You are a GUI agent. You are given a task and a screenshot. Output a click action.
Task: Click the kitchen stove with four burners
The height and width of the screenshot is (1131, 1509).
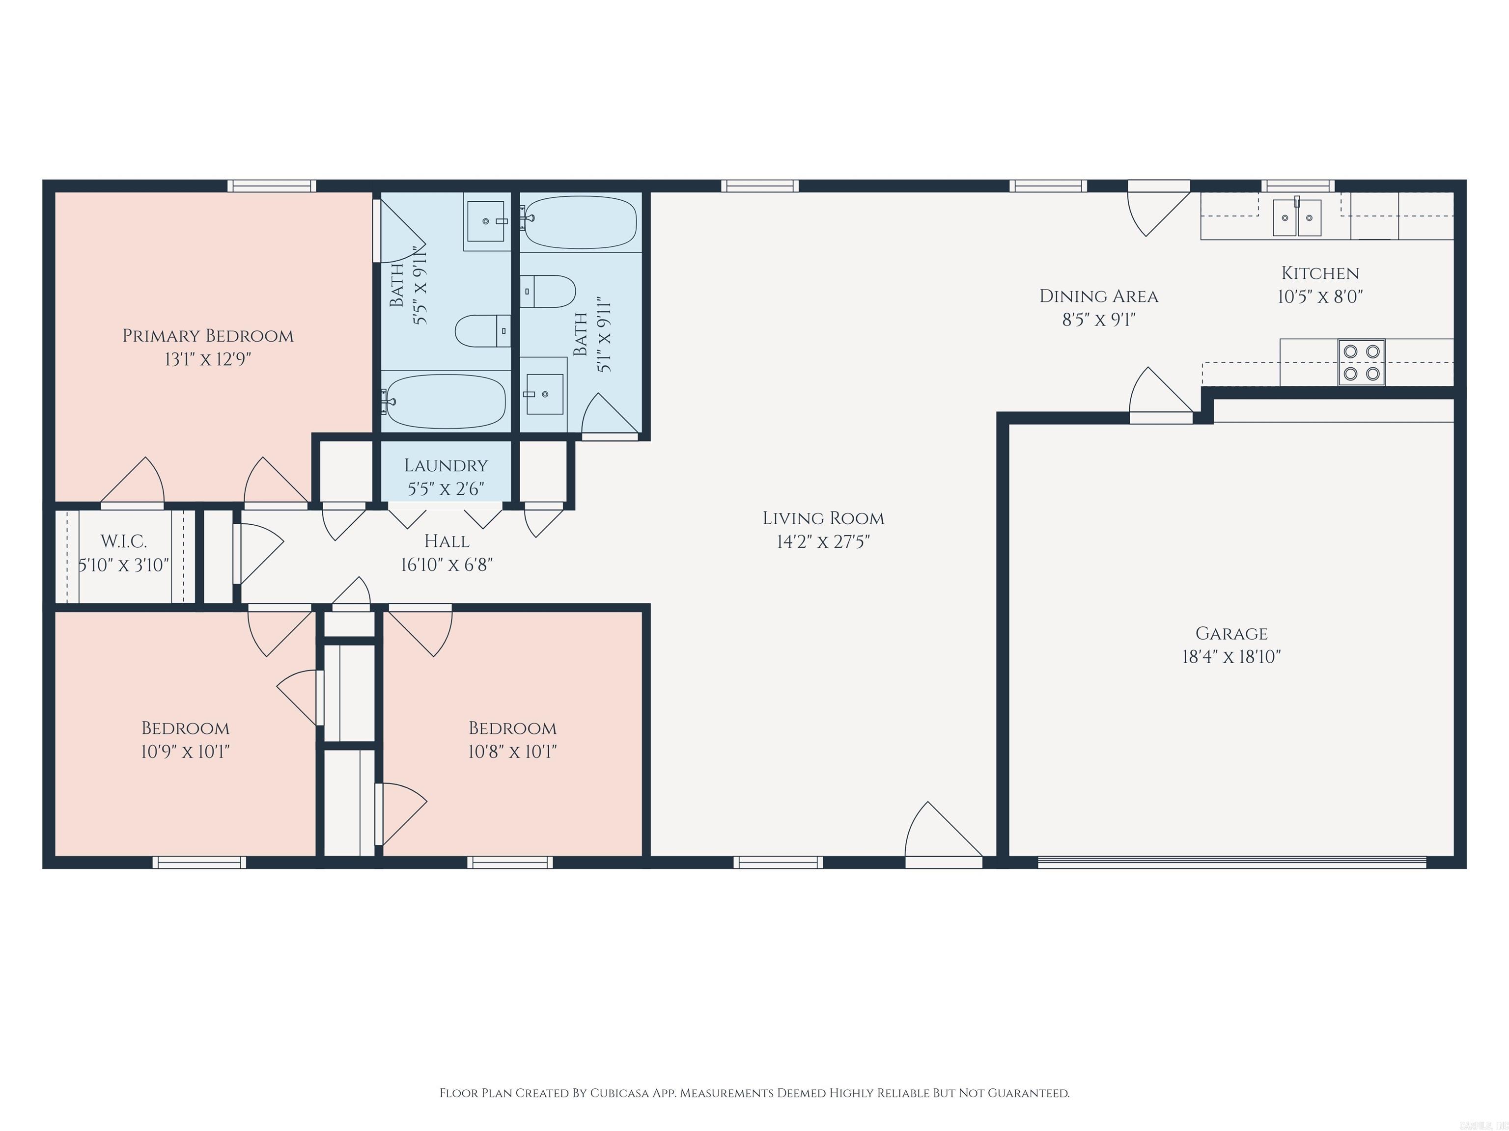pyautogui.click(x=1361, y=362)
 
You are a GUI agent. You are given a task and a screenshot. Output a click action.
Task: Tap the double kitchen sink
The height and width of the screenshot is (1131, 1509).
pyautogui.click(x=1296, y=218)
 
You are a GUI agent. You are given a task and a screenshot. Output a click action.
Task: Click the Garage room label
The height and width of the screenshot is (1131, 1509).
pyautogui.click(x=1231, y=633)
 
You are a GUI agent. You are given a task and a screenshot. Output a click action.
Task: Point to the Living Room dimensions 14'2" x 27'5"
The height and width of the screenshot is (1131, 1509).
pyautogui.click(x=823, y=541)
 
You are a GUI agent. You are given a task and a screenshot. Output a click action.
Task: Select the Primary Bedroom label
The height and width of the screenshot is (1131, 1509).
pyautogui.click(x=208, y=335)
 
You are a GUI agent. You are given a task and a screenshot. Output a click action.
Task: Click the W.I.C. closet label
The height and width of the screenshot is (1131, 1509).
pyautogui.click(x=123, y=541)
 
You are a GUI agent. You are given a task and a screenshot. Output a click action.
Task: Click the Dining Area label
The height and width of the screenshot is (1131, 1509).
pyautogui.click(x=1098, y=296)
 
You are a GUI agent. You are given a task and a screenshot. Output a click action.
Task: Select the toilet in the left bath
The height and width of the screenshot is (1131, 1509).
pyautogui.click(x=483, y=331)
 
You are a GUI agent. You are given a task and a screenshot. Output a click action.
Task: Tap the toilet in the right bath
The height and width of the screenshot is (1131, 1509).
pyautogui.click(x=548, y=291)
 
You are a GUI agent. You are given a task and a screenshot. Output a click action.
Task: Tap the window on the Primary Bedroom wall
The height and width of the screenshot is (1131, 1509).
pyautogui.click(x=272, y=186)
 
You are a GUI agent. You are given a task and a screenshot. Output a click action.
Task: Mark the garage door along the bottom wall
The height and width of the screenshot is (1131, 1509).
pyautogui.click(x=1231, y=862)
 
